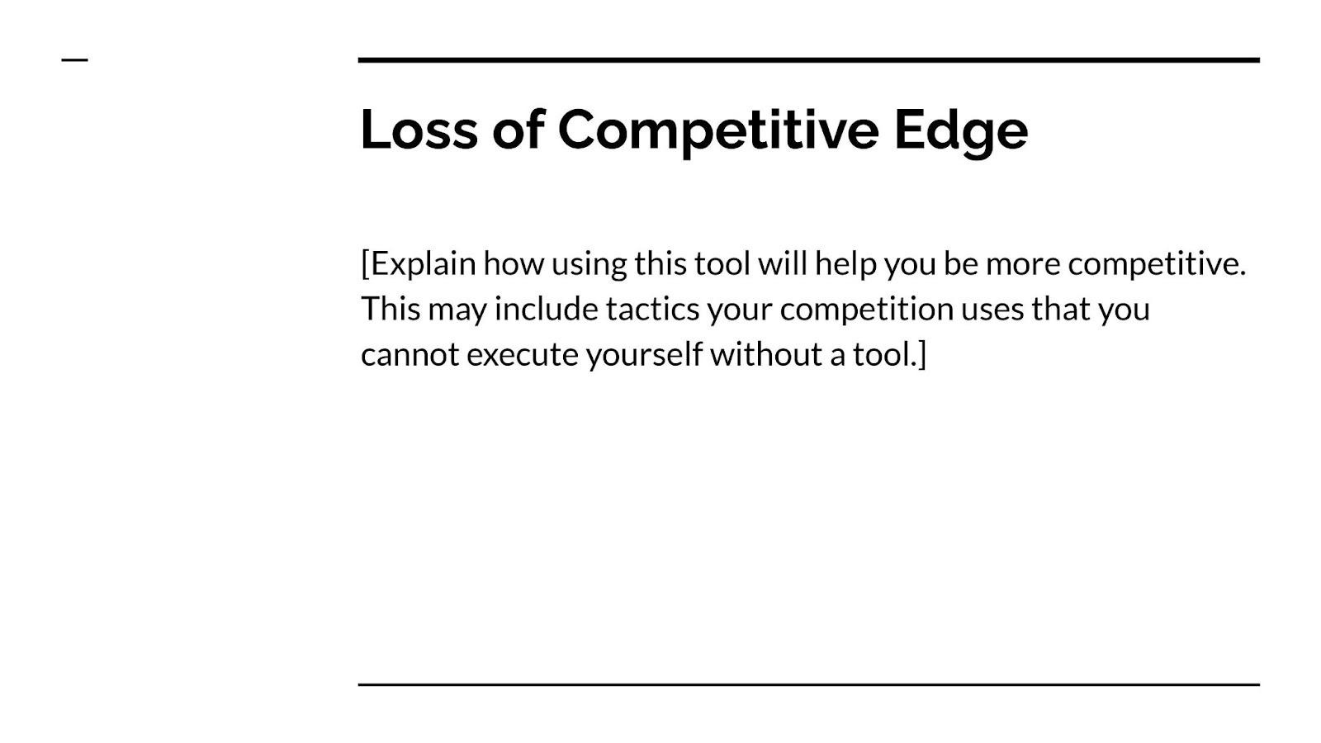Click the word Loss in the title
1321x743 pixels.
point(419,130)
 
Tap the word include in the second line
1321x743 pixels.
point(546,310)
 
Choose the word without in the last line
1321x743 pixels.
point(766,354)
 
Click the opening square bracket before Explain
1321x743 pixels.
point(365,264)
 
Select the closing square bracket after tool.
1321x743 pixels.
point(922,354)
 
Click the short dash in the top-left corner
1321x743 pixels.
point(75,59)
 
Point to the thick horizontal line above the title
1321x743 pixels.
point(809,60)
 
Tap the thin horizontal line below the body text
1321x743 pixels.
point(809,684)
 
